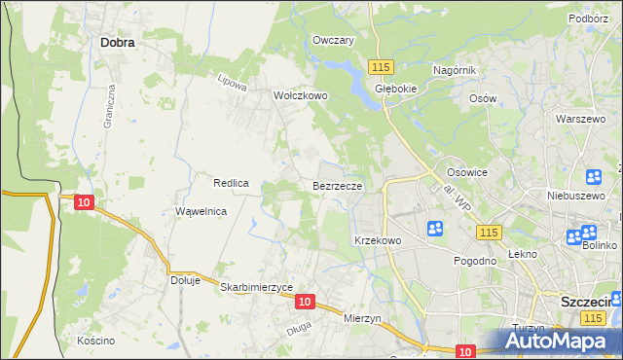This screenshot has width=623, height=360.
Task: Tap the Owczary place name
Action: click(x=333, y=41)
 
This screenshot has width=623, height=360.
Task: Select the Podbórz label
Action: click(x=589, y=18)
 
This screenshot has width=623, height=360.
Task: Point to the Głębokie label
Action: click(x=396, y=87)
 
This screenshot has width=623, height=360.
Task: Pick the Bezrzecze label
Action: click(x=338, y=184)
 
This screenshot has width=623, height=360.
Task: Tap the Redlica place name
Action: click(x=233, y=183)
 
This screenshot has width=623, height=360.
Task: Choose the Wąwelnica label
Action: click(x=201, y=211)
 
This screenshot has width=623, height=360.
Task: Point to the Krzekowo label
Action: click(x=378, y=240)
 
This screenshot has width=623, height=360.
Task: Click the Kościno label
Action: click(x=96, y=341)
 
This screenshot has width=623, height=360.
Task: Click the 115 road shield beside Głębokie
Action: click(x=381, y=65)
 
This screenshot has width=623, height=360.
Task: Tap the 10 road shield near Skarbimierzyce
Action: click(x=305, y=303)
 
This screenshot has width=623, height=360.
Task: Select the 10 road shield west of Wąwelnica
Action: click(x=84, y=201)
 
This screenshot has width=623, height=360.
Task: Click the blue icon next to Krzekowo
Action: click(x=435, y=229)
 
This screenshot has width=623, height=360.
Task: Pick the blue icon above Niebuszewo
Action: click(x=593, y=177)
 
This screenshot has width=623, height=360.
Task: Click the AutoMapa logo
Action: click(x=560, y=341)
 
